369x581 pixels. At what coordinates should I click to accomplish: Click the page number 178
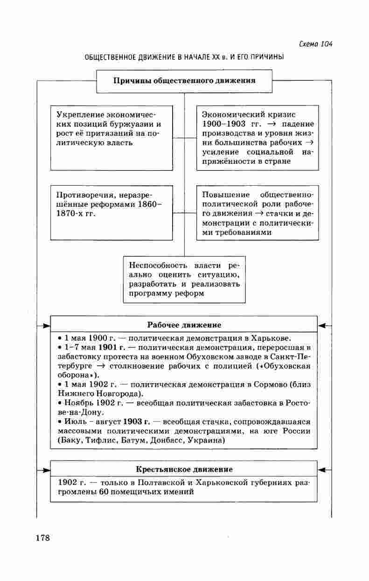[42, 538]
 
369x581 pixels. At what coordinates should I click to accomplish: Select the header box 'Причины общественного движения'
[184, 81]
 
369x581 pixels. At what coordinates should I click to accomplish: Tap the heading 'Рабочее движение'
[184, 325]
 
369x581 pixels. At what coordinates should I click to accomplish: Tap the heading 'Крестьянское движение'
[184, 469]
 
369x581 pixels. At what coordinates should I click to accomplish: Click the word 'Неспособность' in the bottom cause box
[155, 265]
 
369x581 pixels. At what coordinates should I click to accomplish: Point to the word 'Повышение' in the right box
[223, 195]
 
